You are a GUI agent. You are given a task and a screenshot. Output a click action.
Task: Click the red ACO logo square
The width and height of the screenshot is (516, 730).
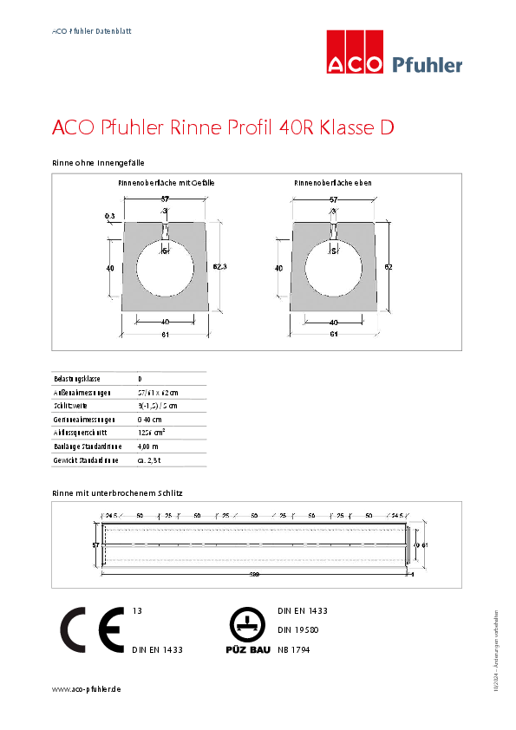[354, 52]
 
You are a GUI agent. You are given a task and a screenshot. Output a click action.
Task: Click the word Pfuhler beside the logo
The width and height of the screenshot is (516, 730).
[428, 64]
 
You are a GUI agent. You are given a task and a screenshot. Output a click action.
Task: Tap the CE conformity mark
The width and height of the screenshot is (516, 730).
[91, 629]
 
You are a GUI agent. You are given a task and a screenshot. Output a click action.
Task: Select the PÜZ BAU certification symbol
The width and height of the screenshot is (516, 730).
[246, 629]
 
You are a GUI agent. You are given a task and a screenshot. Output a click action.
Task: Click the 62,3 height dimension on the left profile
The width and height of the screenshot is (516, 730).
[220, 267]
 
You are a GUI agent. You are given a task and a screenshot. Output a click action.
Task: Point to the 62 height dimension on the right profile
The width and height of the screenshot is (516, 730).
[389, 267]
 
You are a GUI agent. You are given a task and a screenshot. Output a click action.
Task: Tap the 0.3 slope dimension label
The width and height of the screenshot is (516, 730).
[109, 215]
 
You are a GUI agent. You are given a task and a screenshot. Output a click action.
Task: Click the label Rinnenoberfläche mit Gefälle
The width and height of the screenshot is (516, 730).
[167, 184]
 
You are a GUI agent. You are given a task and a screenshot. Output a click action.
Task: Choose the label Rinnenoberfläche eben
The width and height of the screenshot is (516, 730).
[333, 184]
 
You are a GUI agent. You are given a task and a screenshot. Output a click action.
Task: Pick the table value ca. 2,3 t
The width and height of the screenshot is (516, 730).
[149, 460]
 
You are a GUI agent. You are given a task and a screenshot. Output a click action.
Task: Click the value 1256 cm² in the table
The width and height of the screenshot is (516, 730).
[152, 432]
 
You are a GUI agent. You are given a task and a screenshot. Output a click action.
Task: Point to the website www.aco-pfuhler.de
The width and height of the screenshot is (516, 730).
[86, 688]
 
